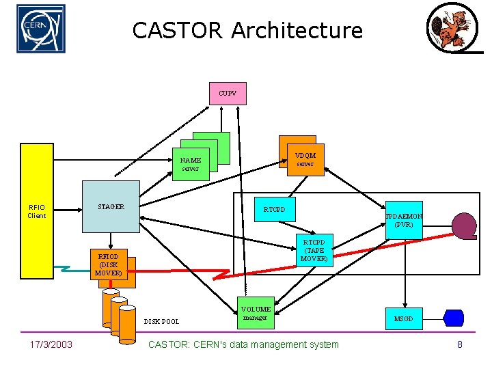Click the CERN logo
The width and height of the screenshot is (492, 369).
[x=41, y=29]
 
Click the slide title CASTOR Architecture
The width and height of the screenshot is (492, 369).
[x=247, y=31]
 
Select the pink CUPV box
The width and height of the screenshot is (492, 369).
[x=228, y=94]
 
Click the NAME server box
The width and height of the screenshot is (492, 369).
[x=190, y=165]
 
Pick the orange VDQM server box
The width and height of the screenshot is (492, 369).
[x=305, y=159]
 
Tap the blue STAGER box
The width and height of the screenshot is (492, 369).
[x=111, y=206]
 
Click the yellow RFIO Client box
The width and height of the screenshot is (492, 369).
[x=37, y=211]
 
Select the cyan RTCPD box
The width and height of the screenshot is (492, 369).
[x=274, y=209]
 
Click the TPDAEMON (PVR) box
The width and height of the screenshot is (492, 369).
[x=404, y=220]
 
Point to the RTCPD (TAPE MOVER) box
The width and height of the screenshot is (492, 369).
[x=314, y=251]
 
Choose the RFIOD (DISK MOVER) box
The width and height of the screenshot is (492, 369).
[x=109, y=264]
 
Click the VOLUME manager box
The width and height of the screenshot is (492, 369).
[x=256, y=313]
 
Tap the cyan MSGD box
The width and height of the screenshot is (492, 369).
[x=404, y=318]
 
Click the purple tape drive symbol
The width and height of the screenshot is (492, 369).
[x=465, y=226]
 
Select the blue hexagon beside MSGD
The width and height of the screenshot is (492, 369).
[x=454, y=318]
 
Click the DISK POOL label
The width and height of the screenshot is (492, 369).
[x=161, y=320]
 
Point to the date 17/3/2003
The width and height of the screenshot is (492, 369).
[x=51, y=344]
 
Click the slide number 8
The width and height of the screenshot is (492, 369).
[x=459, y=344]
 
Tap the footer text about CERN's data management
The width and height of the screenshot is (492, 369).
[x=243, y=344]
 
